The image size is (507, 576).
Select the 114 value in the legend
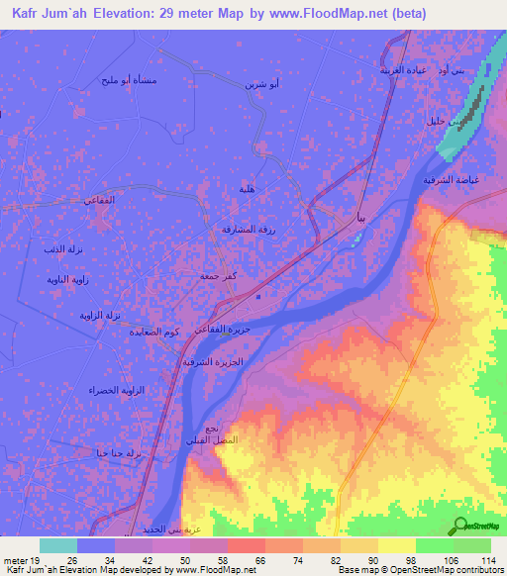488,560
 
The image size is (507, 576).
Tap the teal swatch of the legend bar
58,545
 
